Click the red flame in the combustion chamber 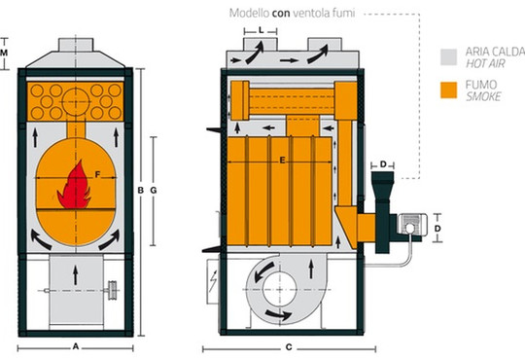(x=75, y=185)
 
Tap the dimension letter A (x=76, y=346)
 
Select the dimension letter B (x=141, y=191)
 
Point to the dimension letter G (x=154, y=191)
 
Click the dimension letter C (x=289, y=347)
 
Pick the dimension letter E (x=282, y=161)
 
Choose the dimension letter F (x=97, y=174)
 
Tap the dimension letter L (x=262, y=30)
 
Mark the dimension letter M (x=4, y=53)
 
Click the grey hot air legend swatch (x=448, y=57)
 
